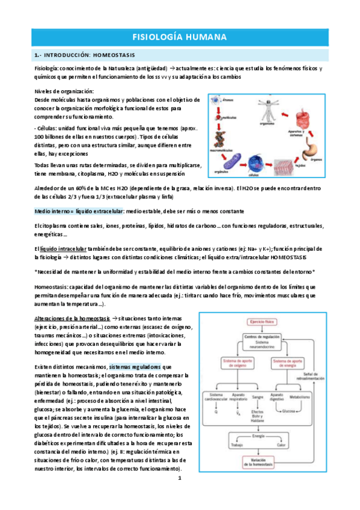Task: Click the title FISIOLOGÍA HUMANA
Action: [179, 37]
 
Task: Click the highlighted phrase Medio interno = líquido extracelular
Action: [79, 211]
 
